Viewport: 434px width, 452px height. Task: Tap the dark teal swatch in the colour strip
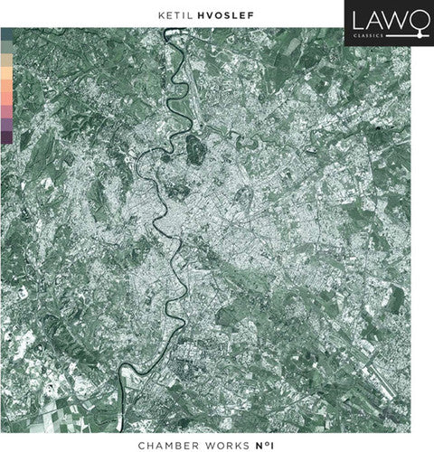(7, 34)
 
